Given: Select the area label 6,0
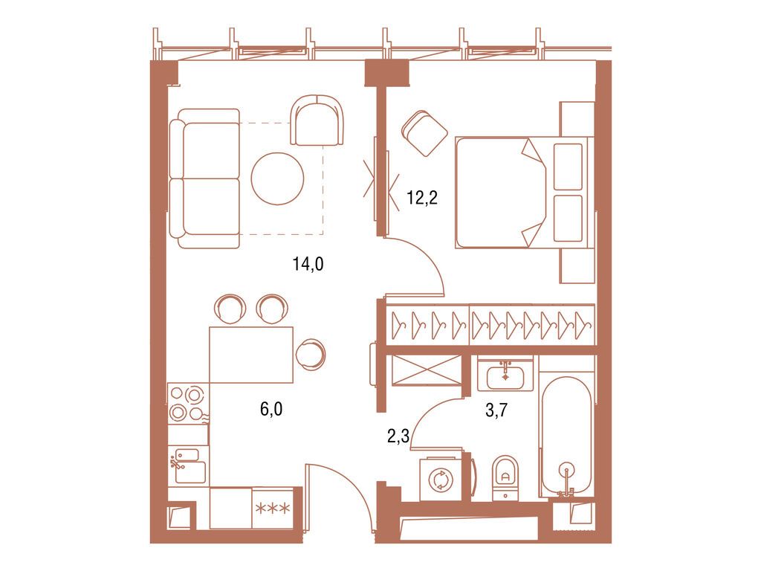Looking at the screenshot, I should [x=271, y=407].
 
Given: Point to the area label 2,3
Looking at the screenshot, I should [x=398, y=436].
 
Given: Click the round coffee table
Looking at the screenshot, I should [x=277, y=178].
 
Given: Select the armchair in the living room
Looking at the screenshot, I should [x=319, y=121].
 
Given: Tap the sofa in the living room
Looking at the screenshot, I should [x=204, y=178].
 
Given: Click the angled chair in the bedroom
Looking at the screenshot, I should [x=424, y=133].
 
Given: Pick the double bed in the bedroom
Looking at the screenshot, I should [x=520, y=192].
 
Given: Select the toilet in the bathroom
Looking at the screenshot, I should [x=505, y=476].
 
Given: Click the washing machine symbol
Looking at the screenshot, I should [x=439, y=480].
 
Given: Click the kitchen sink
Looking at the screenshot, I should [x=188, y=465].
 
